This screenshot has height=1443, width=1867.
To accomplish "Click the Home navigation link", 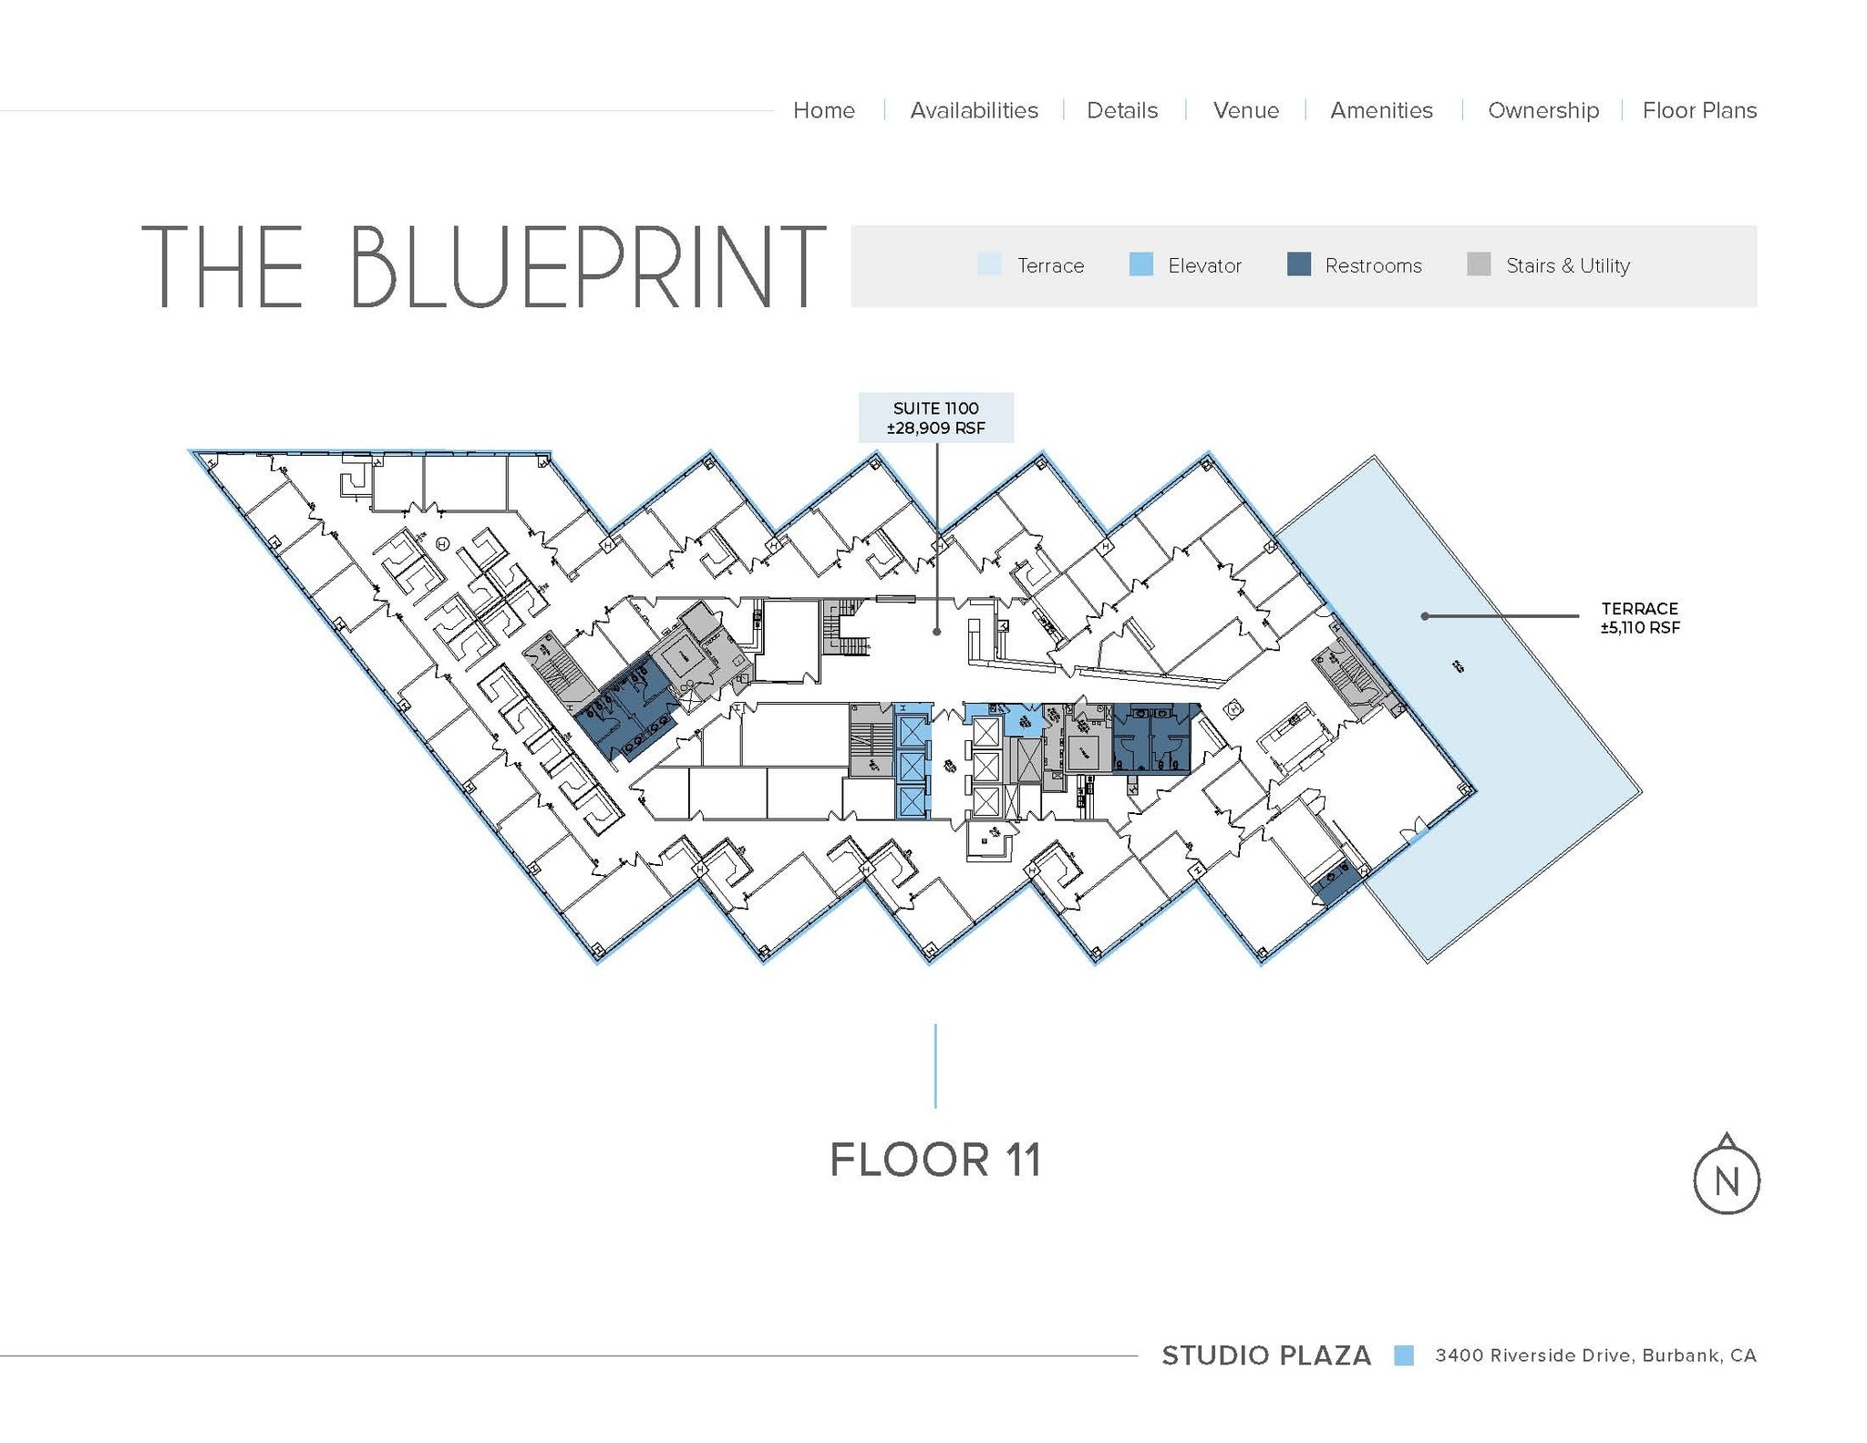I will [x=823, y=110].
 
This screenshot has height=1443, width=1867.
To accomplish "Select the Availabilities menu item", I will [x=974, y=110].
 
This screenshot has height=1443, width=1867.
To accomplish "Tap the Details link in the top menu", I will [x=1121, y=110].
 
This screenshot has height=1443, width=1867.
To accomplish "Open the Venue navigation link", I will [x=1245, y=110].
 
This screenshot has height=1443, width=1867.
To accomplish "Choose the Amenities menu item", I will [x=1381, y=110].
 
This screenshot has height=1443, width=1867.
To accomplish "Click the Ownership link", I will [x=1542, y=110].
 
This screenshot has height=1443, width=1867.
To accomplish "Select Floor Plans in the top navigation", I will [x=1699, y=110].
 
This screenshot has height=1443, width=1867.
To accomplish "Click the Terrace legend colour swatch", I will [x=989, y=264].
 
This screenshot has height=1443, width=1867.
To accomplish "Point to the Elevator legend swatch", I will [x=1140, y=264].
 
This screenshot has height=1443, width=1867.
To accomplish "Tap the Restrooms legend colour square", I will [x=1298, y=264].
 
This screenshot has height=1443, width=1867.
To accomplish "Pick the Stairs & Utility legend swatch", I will [x=1479, y=264].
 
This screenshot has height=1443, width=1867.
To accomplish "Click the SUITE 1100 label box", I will [x=935, y=417].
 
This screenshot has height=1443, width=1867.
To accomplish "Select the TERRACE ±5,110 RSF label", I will [x=1639, y=617].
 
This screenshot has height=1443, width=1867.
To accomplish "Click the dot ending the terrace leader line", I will [x=1425, y=616].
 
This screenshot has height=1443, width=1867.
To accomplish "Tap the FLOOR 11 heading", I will [x=934, y=1160].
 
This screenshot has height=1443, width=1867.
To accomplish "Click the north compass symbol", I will [x=1726, y=1178].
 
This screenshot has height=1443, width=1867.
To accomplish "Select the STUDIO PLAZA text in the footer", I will [x=1265, y=1355].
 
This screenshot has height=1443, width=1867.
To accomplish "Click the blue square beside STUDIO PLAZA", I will [x=1403, y=1355].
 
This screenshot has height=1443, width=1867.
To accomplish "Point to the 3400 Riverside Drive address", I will [x=1594, y=1355].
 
